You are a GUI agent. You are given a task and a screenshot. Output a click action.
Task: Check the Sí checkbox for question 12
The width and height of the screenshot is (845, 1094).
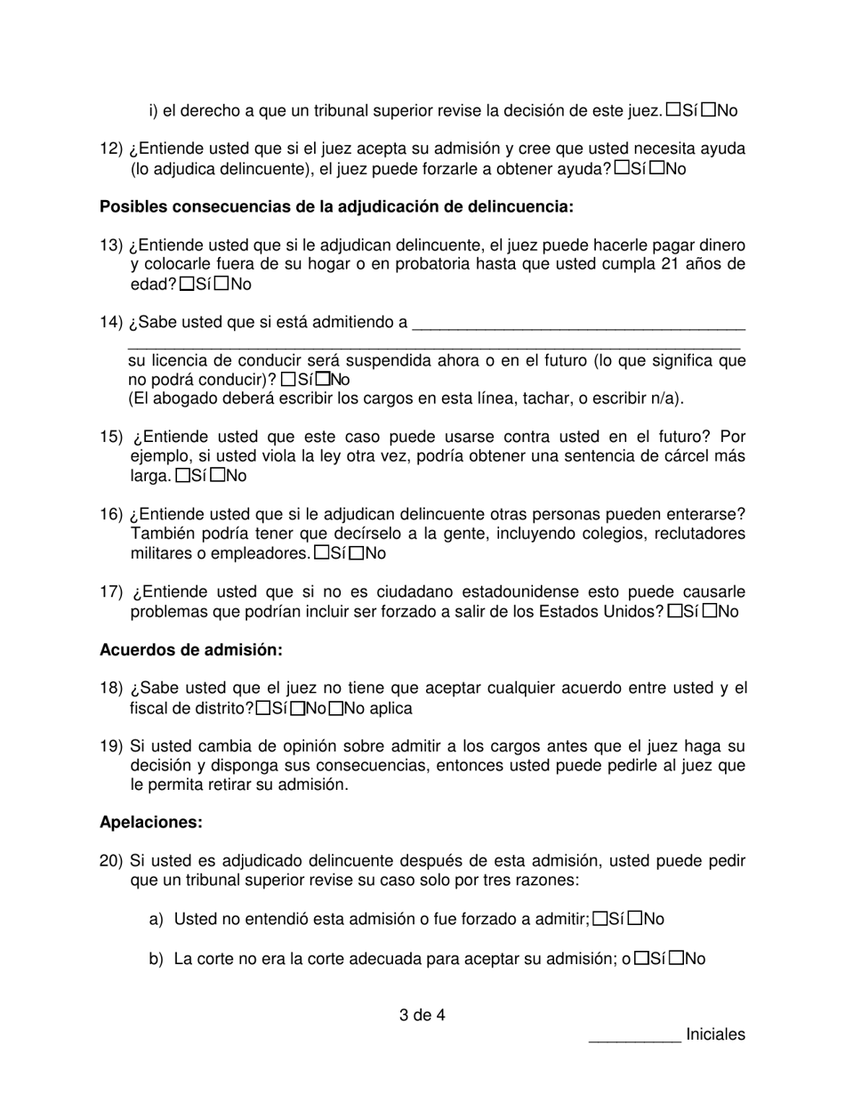(622, 167)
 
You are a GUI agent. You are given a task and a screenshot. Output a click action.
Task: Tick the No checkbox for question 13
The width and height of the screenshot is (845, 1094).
(222, 284)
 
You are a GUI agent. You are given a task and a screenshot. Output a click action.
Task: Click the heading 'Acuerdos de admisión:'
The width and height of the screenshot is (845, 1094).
(190, 650)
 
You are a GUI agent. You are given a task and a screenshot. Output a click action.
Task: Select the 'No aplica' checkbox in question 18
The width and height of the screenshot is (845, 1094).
(335, 709)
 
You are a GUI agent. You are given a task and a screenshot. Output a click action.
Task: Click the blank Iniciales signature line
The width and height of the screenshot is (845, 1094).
(634, 1034)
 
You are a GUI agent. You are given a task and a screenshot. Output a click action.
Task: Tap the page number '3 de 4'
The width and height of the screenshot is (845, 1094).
(422, 1014)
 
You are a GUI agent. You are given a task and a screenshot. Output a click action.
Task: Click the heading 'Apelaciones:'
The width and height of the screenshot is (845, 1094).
(150, 823)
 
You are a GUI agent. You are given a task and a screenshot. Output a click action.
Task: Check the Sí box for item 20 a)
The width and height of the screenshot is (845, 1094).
(600, 919)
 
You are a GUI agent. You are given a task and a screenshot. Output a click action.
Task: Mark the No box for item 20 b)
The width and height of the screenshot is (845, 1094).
(677, 959)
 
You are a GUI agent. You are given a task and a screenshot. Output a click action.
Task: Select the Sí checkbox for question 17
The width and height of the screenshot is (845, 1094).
(674, 611)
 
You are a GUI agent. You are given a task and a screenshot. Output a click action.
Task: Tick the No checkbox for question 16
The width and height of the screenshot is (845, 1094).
(356, 553)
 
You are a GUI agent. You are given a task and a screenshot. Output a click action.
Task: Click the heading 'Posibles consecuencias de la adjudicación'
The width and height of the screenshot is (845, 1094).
(336, 206)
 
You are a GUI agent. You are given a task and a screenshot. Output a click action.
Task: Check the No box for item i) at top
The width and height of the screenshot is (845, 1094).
(709, 110)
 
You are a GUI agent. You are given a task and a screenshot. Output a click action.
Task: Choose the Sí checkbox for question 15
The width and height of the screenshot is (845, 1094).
(182, 476)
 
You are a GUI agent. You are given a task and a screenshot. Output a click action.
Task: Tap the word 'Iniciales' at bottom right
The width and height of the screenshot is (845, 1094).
(715, 1034)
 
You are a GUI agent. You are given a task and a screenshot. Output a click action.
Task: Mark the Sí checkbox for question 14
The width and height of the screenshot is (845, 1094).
(286, 379)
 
